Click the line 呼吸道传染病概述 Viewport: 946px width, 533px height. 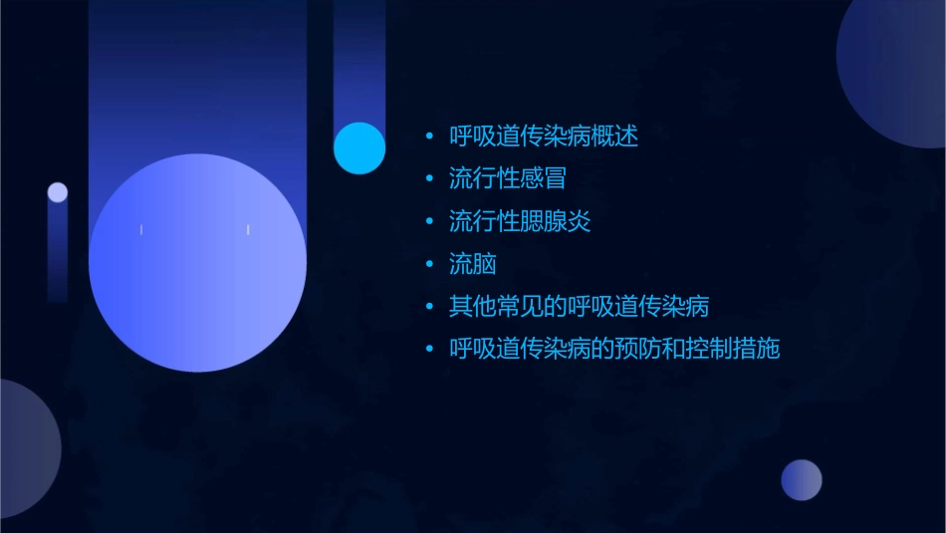(544, 136)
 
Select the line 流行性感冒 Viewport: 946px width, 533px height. (508, 179)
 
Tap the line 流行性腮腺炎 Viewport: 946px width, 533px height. (520, 221)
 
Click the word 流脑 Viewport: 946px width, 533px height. (473, 264)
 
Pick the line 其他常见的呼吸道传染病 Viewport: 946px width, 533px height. (579, 306)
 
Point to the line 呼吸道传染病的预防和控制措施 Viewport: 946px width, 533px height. (614, 349)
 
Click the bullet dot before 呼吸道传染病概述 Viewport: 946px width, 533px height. (429, 136)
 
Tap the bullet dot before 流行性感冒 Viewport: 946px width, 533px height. (429, 179)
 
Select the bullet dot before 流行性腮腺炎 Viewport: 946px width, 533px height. (429, 221)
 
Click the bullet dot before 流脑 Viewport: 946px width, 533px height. (429, 264)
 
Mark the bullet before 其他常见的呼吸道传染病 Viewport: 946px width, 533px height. (429, 306)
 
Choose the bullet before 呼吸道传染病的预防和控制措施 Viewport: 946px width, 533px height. (429, 349)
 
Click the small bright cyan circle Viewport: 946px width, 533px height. (359, 147)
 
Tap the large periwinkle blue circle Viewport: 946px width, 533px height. (197, 263)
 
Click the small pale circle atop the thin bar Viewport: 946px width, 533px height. (58, 192)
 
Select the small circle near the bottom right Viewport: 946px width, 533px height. (802, 480)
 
